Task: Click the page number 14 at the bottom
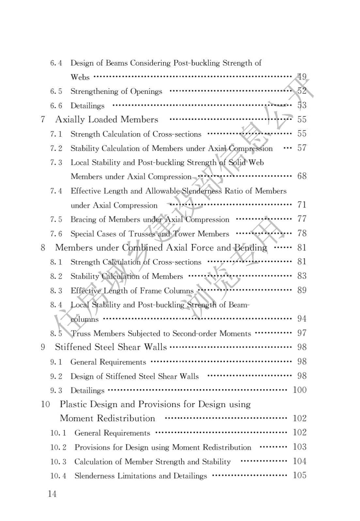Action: pyautogui.click(x=52, y=494)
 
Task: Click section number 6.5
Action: pyautogui.click(x=56, y=91)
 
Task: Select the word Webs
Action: pyautogui.click(x=80, y=77)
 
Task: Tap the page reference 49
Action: pyautogui.click(x=302, y=77)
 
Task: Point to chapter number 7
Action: pyautogui.click(x=43, y=119)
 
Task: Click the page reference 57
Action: pyautogui.click(x=302, y=148)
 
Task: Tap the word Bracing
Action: pyautogui.click(x=83, y=220)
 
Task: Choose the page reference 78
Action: pyautogui.click(x=302, y=233)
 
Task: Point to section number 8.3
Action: pyautogui.click(x=56, y=291)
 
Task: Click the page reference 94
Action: pyautogui.click(x=302, y=318)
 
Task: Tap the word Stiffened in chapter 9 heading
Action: pyautogui.click(x=73, y=347)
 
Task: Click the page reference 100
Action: pyautogui.click(x=300, y=390)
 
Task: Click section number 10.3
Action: pyautogui.click(x=58, y=462)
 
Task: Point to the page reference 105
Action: pyautogui.click(x=300, y=475)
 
